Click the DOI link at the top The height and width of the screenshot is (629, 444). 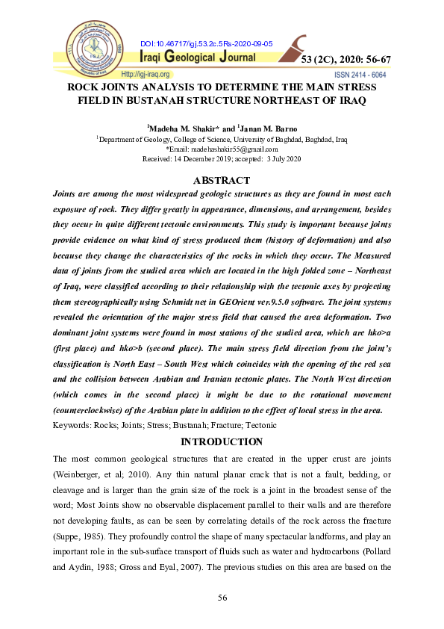click(207, 44)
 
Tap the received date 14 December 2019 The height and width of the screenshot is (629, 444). click(206, 159)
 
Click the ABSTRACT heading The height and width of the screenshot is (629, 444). click(222, 180)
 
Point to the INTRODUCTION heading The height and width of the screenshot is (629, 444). click(222, 442)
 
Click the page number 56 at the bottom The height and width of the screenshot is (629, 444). click(222, 598)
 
